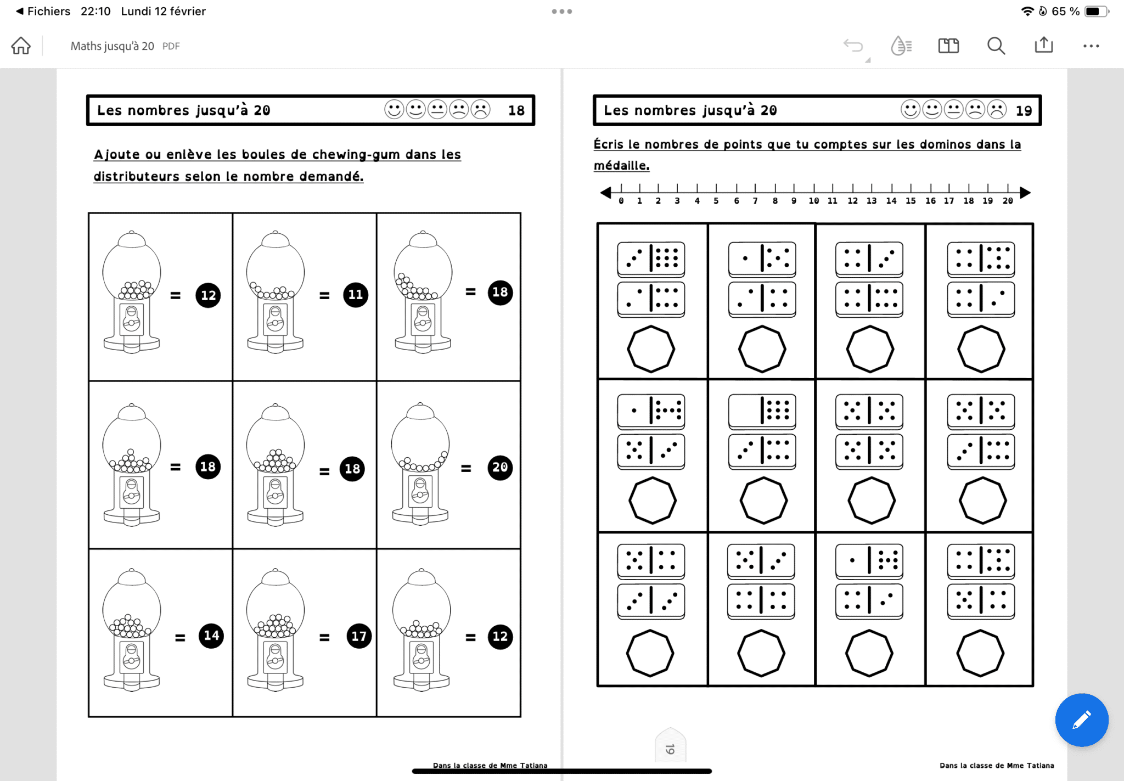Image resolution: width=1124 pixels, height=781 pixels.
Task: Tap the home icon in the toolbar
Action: pyautogui.click(x=21, y=46)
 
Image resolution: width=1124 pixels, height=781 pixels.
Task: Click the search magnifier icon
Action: pyautogui.click(x=996, y=46)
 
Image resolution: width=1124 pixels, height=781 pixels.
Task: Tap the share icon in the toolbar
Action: pyautogui.click(x=1043, y=45)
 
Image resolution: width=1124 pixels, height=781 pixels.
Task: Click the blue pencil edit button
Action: pyautogui.click(x=1081, y=720)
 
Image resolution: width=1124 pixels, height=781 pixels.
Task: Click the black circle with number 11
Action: pyautogui.click(x=356, y=295)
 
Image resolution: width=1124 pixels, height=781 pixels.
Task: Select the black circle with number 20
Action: pyautogui.click(x=500, y=468)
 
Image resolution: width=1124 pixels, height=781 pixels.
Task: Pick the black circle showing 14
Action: pyautogui.click(x=211, y=636)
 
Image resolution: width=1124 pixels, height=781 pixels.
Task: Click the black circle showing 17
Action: pyautogui.click(x=359, y=636)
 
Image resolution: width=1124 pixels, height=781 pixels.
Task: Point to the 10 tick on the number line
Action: pyautogui.click(x=814, y=188)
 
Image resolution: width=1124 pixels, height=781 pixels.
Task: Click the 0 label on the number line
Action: pyautogui.click(x=621, y=201)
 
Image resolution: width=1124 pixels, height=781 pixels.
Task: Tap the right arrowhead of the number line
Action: pyautogui.click(x=1025, y=192)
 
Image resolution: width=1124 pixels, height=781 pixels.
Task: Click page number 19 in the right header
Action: pyautogui.click(x=1024, y=110)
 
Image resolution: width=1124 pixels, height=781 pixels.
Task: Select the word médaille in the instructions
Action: pyautogui.click(x=621, y=165)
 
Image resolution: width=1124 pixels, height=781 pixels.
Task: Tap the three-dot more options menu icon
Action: pyautogui.click(x=1091, y=46)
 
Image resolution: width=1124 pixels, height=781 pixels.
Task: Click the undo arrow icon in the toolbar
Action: pyautogui.click(x=853, y=46)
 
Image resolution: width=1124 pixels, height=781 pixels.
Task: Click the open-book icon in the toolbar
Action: pyautogui.click(x=948, y=46)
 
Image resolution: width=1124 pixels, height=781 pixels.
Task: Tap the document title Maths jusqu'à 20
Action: pyautogui.click(x=112, y=46)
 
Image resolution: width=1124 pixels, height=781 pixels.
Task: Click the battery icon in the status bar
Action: pyautogui.click(x=1096, y=11)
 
